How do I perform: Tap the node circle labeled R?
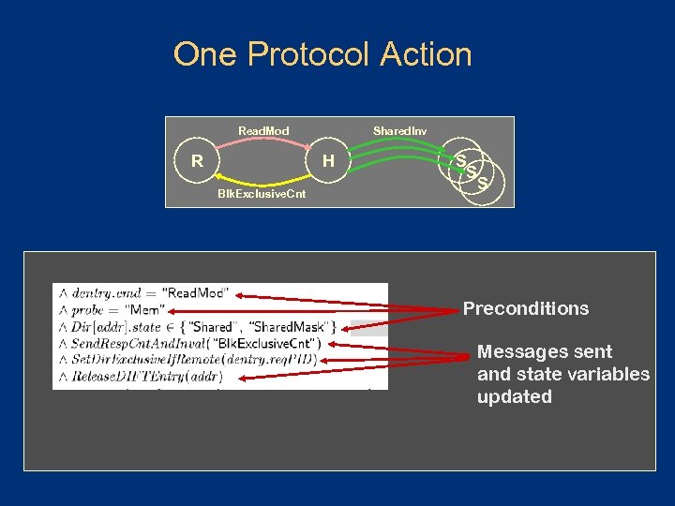(197, 161)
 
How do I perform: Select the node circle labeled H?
(328, 161)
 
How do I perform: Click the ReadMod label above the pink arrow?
(263, 130)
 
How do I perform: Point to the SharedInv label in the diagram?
(399, 130)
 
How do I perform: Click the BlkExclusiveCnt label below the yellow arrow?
(262, 194)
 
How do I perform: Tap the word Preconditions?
(526, 308)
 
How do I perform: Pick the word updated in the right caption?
(514, 396)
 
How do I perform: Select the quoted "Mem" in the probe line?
(148, 309)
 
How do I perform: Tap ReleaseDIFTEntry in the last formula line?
(123, 377)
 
